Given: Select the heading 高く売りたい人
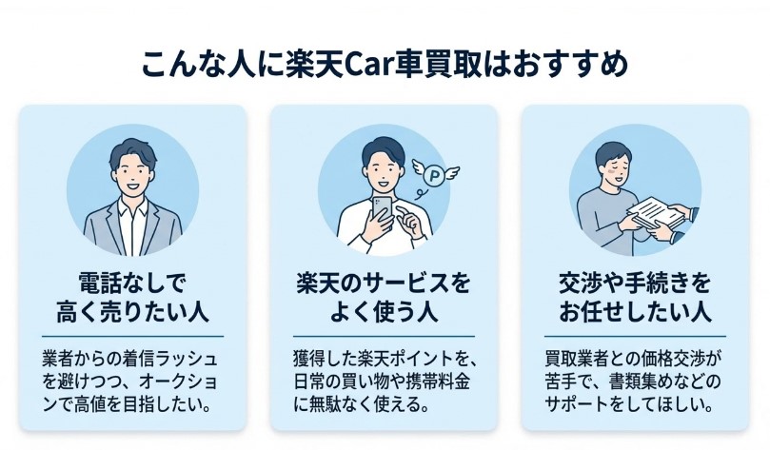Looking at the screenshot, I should point(132,313).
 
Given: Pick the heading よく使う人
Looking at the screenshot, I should point(384,313).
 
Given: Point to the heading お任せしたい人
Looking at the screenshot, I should point(635,313).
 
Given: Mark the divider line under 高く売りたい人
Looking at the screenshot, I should point(132,336).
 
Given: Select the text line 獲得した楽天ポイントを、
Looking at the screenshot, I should point(384,360).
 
